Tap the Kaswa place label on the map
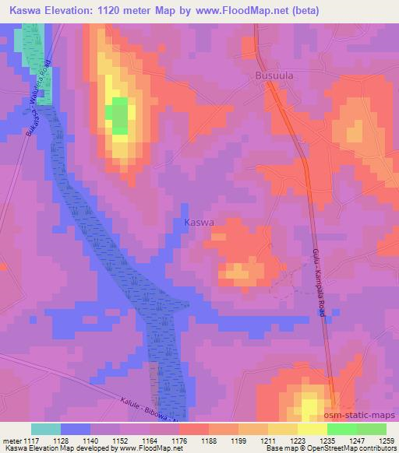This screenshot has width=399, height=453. pyautogui.click(x=199, y=223)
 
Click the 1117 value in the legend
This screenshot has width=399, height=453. pyautogui.click(x=32, y=440)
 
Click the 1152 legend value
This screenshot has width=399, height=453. pyautogui.click(x=119, y=440)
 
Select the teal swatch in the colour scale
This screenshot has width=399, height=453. pyautogui.click(x=46, y=429)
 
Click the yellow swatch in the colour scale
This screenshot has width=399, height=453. pyautogui.click(x=312, y=429)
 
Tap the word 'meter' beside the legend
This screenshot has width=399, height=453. pyautogui.click(x=11, y=440)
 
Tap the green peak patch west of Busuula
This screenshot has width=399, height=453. pyautogui.click(x=118, y=116)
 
